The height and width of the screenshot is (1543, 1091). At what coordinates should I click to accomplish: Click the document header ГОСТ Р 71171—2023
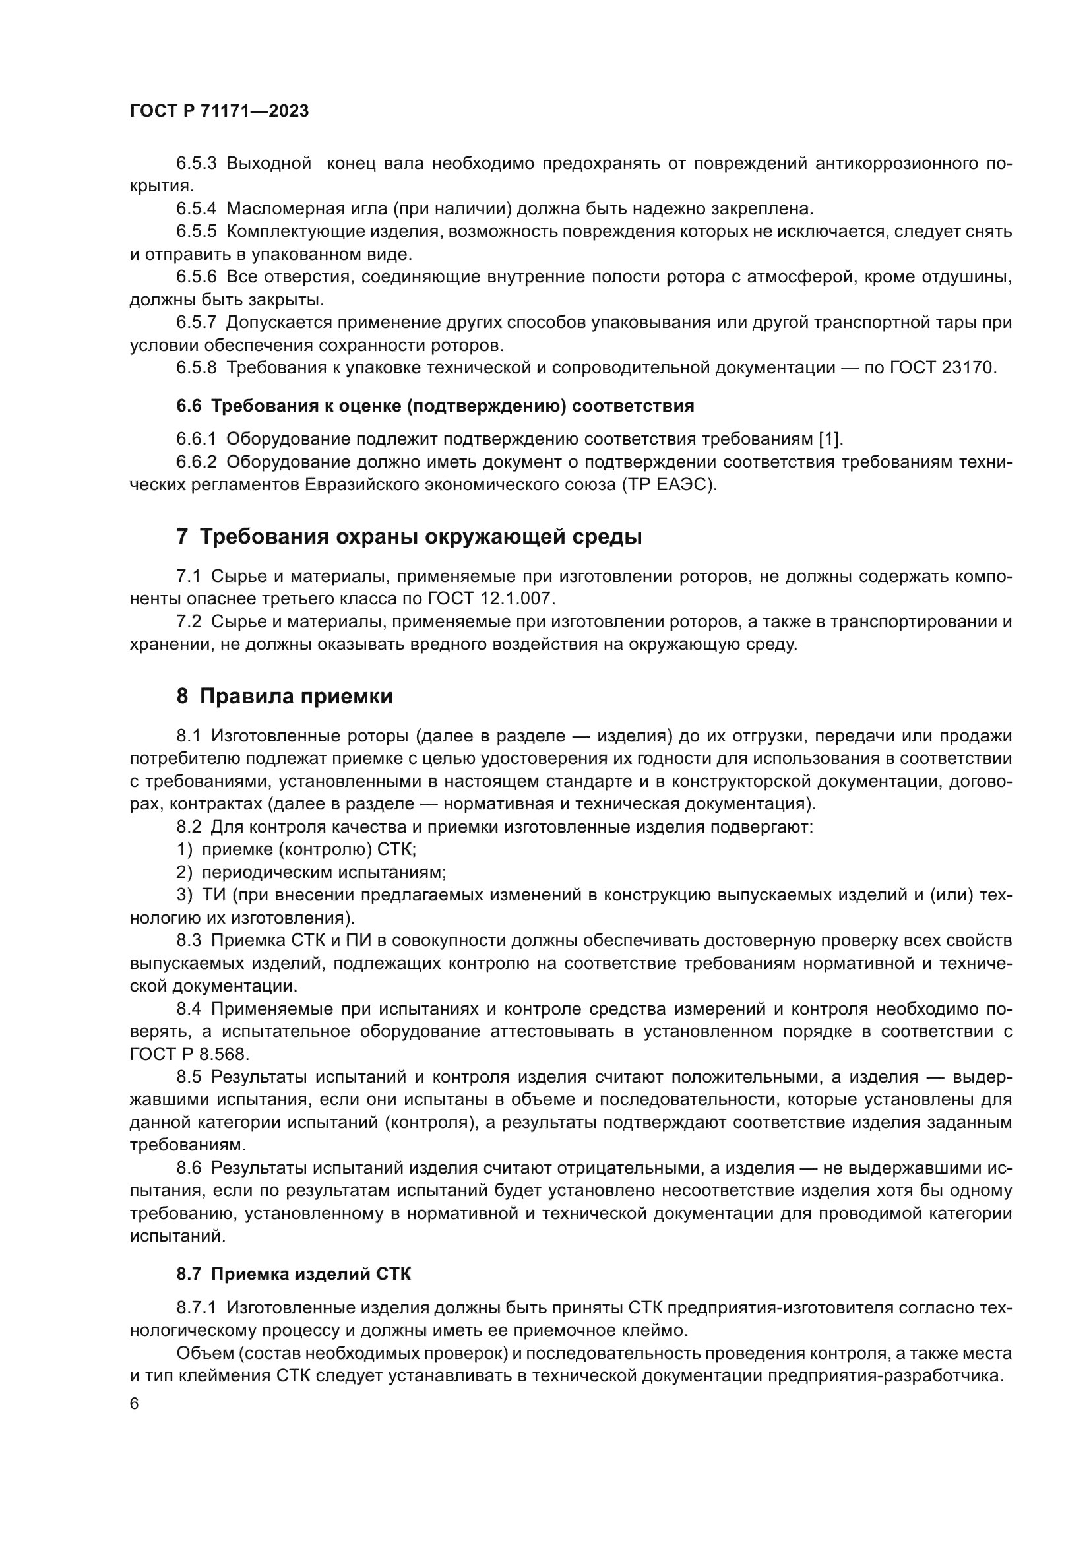tap(219, 111)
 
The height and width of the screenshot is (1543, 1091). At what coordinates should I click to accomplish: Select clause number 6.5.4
tap(196, 209)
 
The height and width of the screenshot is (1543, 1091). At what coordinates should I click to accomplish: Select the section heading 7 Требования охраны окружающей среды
tap(409, 538)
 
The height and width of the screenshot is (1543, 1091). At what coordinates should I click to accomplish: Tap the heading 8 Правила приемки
tap(284, 697)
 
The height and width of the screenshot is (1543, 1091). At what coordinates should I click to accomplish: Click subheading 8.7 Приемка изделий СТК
tap(294, 1275)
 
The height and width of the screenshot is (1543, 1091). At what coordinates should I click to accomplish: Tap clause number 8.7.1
tap(196, 1307)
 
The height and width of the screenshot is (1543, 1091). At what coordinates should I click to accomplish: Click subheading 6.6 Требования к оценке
tap(435, 406)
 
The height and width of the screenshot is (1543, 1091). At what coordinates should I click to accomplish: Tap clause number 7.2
tap(189, 622)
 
